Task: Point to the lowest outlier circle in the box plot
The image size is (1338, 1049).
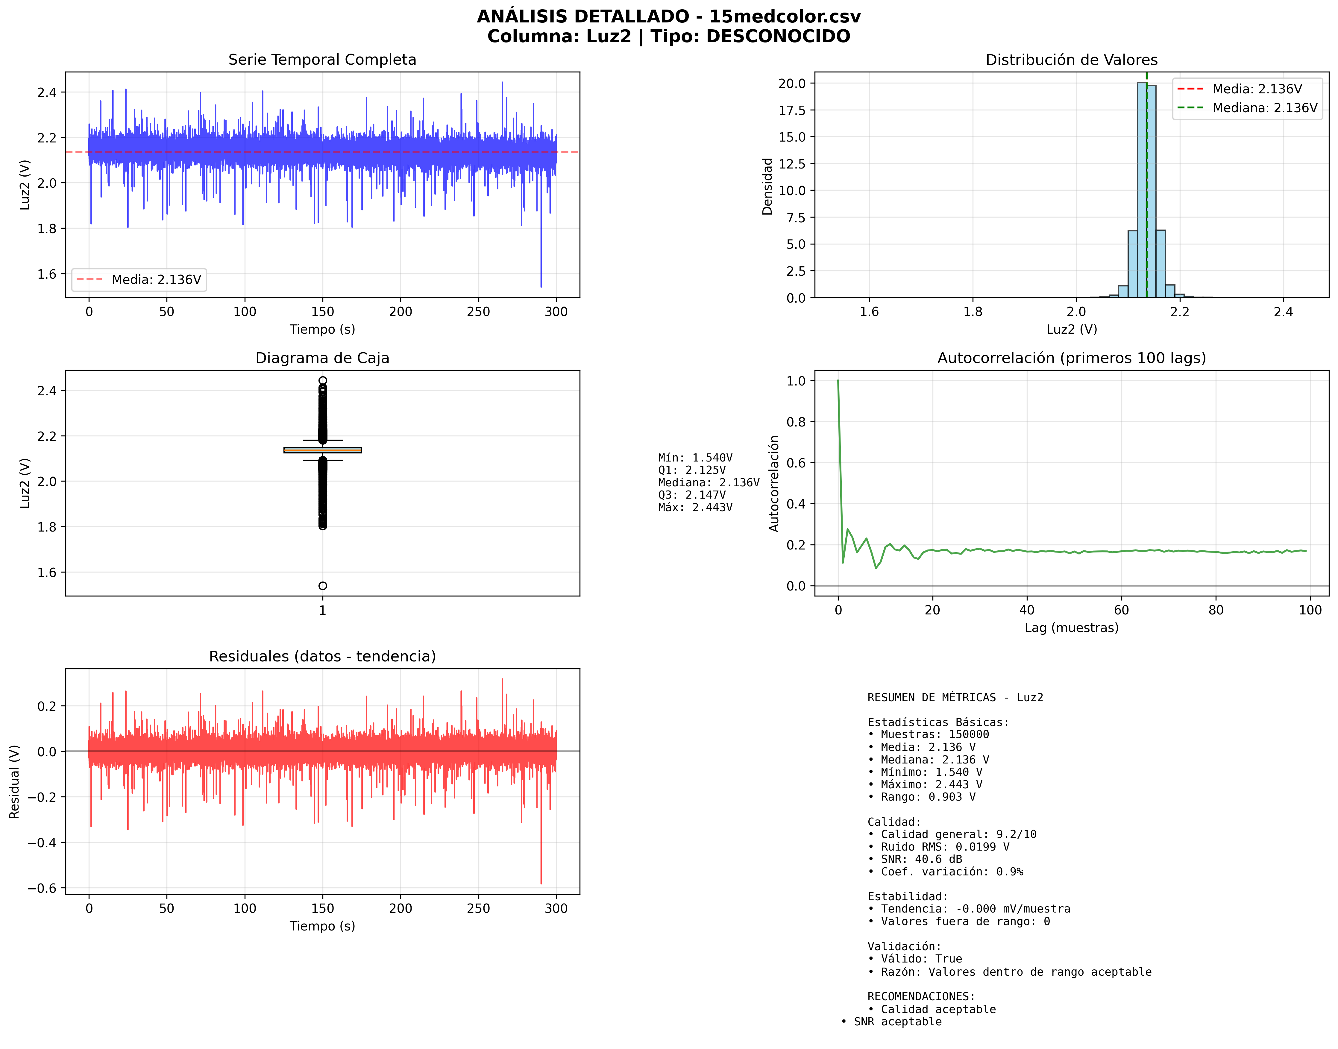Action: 322,586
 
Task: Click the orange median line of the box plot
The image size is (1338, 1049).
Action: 322,450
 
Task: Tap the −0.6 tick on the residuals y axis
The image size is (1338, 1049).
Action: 42,888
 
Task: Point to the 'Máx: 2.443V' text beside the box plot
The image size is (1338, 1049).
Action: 695,507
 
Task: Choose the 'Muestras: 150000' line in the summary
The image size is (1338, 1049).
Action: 935,734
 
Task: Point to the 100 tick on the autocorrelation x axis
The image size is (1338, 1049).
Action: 1310,610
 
